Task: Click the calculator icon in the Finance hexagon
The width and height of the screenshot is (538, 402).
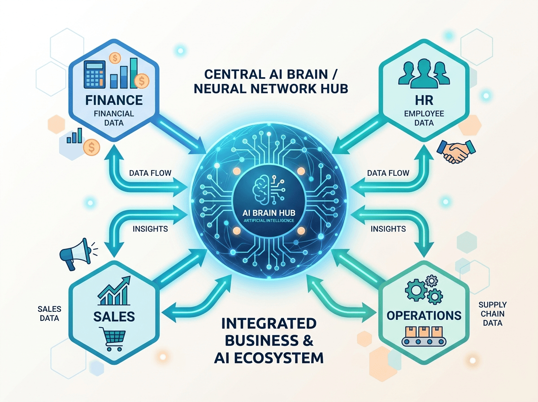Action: [95, 74]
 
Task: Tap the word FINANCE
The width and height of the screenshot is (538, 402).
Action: [114, 100]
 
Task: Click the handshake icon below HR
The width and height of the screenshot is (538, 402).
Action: [456, 151]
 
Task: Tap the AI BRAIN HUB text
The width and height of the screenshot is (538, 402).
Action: [269, 213]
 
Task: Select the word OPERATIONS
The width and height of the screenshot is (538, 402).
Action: [424, 315]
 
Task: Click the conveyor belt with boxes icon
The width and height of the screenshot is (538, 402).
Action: [424, 336]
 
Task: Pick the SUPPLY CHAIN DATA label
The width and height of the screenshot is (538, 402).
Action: [493, 314]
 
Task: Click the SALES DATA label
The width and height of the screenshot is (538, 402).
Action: [49, 314]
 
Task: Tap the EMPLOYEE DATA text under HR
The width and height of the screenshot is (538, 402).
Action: [424, 118]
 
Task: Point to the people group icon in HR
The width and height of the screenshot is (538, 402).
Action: [424, 73]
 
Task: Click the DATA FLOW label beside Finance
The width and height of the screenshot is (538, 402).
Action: [150, 173]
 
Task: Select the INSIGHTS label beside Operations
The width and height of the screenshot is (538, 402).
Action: [388, 229]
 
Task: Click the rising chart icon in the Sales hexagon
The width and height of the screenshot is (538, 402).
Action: [114, 290]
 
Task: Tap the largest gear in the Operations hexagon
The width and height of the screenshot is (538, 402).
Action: [416, 290]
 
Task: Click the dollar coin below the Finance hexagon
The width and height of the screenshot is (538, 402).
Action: [91, 147]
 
